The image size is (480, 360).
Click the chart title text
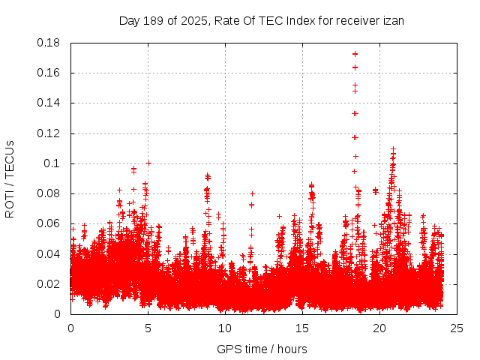(262, 20)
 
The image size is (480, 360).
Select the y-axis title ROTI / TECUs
(10, 178)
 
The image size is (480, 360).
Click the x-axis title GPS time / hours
(262, 349)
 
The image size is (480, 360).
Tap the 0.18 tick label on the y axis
(49, 43)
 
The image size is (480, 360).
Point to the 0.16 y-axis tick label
(49, 73)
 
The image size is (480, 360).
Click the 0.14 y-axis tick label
(49, 103)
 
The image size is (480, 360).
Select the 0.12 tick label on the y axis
(49, 133)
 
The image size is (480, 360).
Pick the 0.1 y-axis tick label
(53, 163)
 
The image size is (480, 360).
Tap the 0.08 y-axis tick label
(49, 193)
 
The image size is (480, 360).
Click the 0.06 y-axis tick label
(49, 223)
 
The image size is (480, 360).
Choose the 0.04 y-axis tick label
(49, 253)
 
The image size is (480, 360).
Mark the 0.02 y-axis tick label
(49, 283)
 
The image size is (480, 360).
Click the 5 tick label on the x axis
(148, 328)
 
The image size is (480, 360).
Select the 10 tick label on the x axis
(225, 328)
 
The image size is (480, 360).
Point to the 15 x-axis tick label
(302, 328)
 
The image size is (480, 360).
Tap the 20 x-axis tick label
(379, 328)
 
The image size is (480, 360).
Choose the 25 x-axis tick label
(457, 328)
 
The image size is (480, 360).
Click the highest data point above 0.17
(355, 54)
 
